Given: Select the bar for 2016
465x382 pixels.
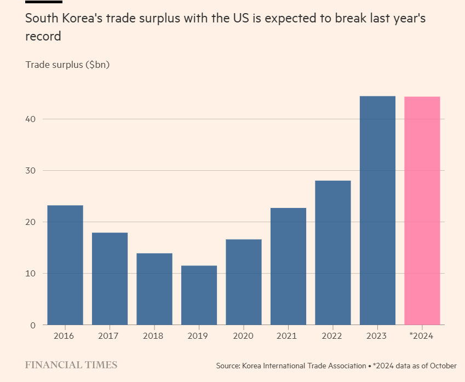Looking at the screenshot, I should [65, 265].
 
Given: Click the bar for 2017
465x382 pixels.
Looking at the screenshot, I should [110, 279].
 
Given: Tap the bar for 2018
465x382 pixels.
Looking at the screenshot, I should [154, 289].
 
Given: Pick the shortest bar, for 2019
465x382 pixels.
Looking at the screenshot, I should [199, 295].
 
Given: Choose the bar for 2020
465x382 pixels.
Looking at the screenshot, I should [244, 282].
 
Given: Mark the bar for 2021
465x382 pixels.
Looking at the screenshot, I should [288, 266].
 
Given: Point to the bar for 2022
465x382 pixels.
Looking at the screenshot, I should [333, 252].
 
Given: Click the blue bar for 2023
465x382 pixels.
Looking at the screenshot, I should [377, 211].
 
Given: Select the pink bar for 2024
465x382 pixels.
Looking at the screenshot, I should [422, 211].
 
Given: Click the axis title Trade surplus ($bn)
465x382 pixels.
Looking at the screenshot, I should [67, 65].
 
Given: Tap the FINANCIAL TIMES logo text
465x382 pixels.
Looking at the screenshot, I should [71, 365].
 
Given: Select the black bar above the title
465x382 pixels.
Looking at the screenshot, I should [43, 2].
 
